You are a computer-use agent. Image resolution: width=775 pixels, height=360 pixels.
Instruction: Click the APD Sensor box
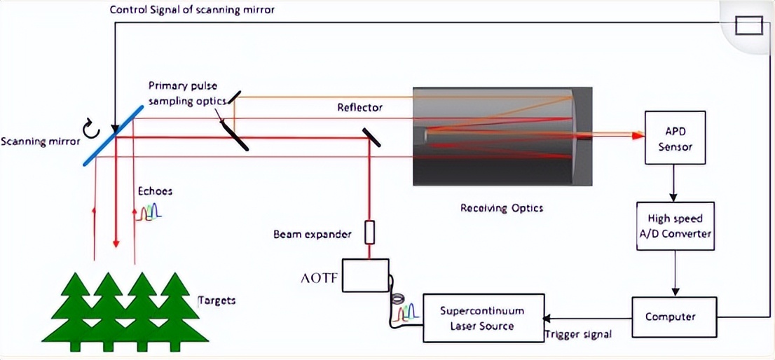[x=674, y=138]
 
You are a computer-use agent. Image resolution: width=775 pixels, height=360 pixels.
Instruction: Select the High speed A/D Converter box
[x=674, y=226]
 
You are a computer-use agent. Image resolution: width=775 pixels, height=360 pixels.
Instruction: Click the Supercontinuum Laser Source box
[x=483, y=318]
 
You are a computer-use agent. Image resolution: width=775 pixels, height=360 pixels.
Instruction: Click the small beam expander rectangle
[x=370, y=233]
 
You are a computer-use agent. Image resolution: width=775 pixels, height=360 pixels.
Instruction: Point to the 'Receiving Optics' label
[x=502, y=208]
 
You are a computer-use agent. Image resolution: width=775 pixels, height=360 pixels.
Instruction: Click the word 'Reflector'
[x=360, y=107]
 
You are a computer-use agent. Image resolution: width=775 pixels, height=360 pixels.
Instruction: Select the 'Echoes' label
[x=155, y=191]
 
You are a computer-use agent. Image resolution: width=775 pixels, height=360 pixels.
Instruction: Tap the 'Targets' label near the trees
[x=217, y=300]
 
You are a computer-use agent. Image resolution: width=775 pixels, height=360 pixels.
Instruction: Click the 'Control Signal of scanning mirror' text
[x=193, y=10]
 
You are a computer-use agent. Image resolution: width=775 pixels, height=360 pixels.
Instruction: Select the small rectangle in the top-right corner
[x=748, y=26]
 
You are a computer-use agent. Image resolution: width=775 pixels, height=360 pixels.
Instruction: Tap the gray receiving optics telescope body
[x=502, y=137]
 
